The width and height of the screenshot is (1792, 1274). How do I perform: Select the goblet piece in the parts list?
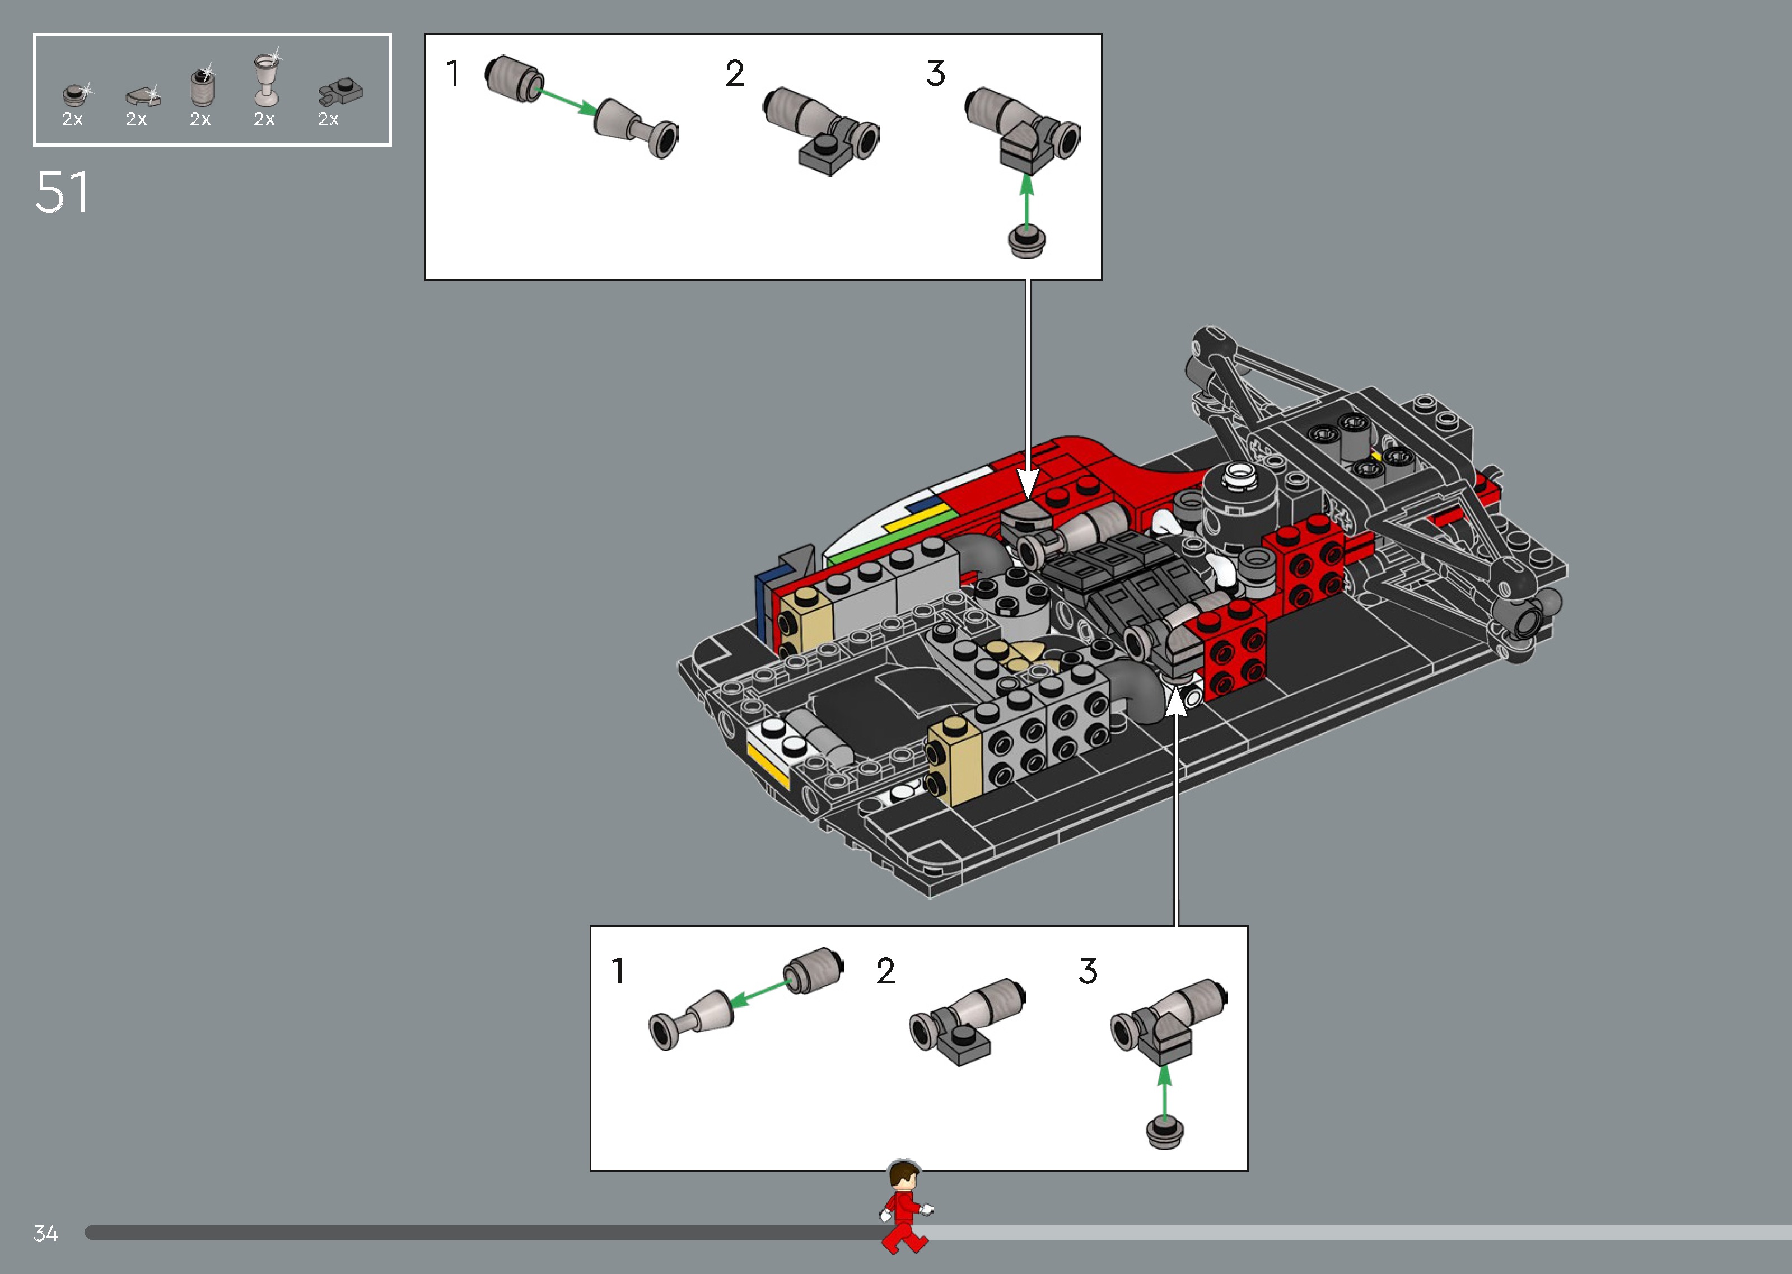(266, 80)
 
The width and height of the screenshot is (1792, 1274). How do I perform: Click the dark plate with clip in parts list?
(340, 92)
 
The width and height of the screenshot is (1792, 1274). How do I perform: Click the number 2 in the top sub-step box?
(734, 74)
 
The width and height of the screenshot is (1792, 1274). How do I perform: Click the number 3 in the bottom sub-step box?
(1088, 971)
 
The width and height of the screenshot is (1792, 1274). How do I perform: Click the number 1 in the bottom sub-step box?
(618, 971)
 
